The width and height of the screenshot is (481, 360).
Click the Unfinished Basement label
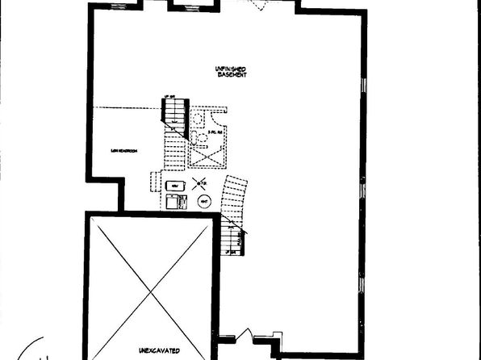231,70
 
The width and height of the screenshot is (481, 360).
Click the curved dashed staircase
234,198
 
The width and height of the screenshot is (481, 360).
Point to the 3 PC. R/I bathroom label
215,132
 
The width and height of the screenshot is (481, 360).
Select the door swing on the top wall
260,5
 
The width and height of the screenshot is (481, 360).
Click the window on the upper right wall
364,85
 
